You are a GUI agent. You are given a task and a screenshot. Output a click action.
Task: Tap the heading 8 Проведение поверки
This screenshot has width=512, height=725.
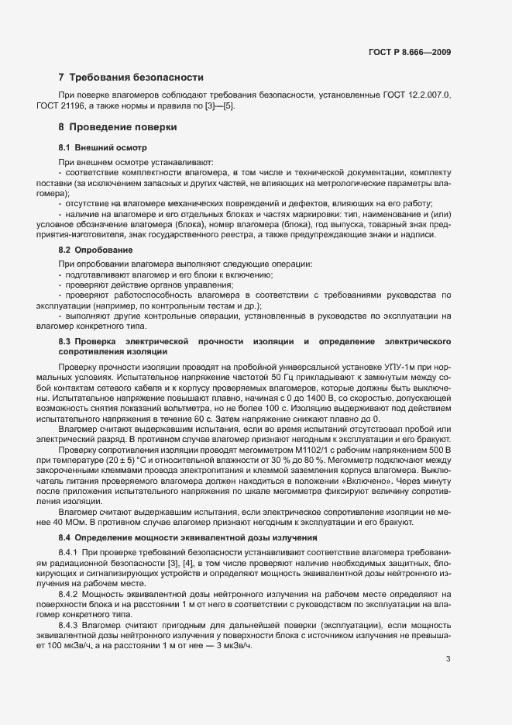[x=118, y=126]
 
